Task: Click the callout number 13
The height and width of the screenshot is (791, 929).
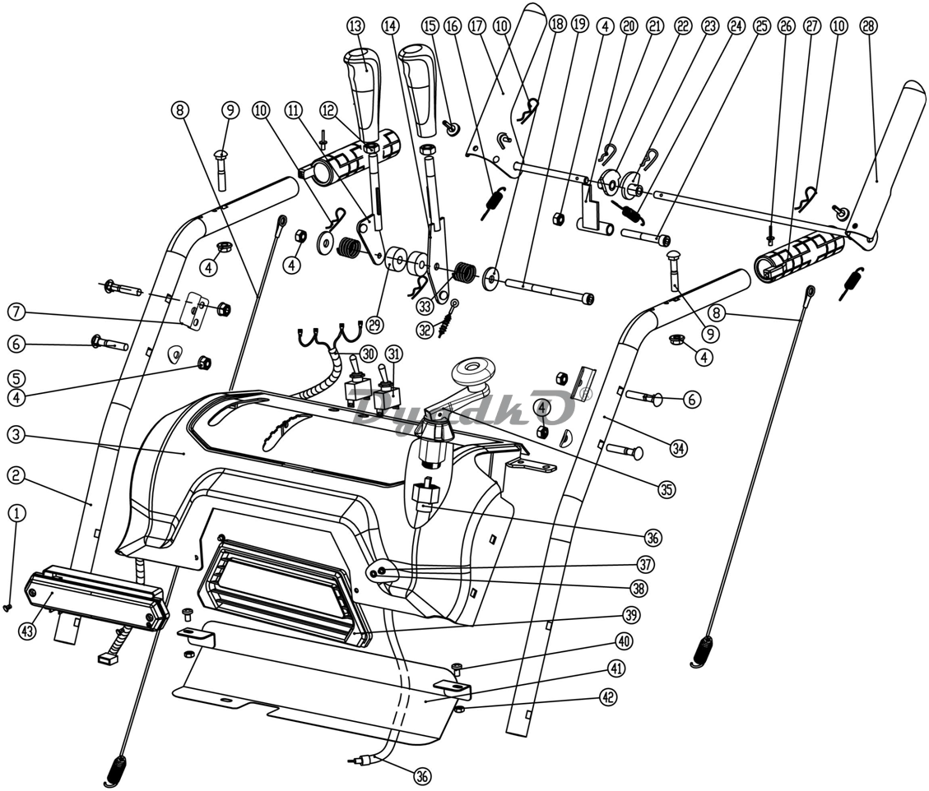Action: (x=356, y=26)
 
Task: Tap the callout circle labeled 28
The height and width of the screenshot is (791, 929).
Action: (x=868, y=26)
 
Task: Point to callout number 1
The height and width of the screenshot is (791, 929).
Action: (x=17, y=513)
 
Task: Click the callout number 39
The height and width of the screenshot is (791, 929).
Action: (x=631, y=615)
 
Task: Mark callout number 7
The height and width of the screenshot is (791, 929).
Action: (x=17, y=312)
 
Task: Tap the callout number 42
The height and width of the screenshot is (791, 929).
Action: (x=607, y=697)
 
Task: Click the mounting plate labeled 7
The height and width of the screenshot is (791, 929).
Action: (x=194, y=310)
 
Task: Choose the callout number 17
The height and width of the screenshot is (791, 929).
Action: (x=476, y=26)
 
